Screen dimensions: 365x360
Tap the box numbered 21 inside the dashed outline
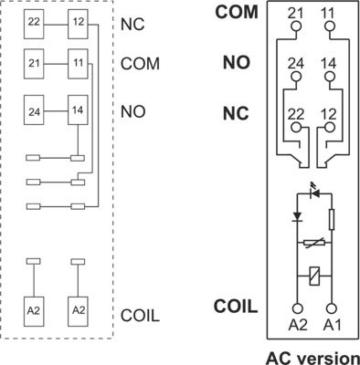coord(33,66)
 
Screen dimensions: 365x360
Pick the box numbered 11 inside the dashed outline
coord(78,66)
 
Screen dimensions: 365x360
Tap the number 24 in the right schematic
coord(295,63)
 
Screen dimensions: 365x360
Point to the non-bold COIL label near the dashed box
coord(141,316)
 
